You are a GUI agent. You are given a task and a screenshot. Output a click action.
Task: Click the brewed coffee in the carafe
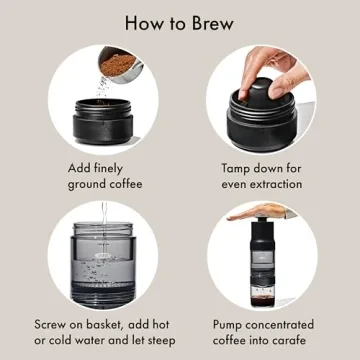coord(264,300)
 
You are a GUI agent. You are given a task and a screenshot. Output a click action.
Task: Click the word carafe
coord(298,343)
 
